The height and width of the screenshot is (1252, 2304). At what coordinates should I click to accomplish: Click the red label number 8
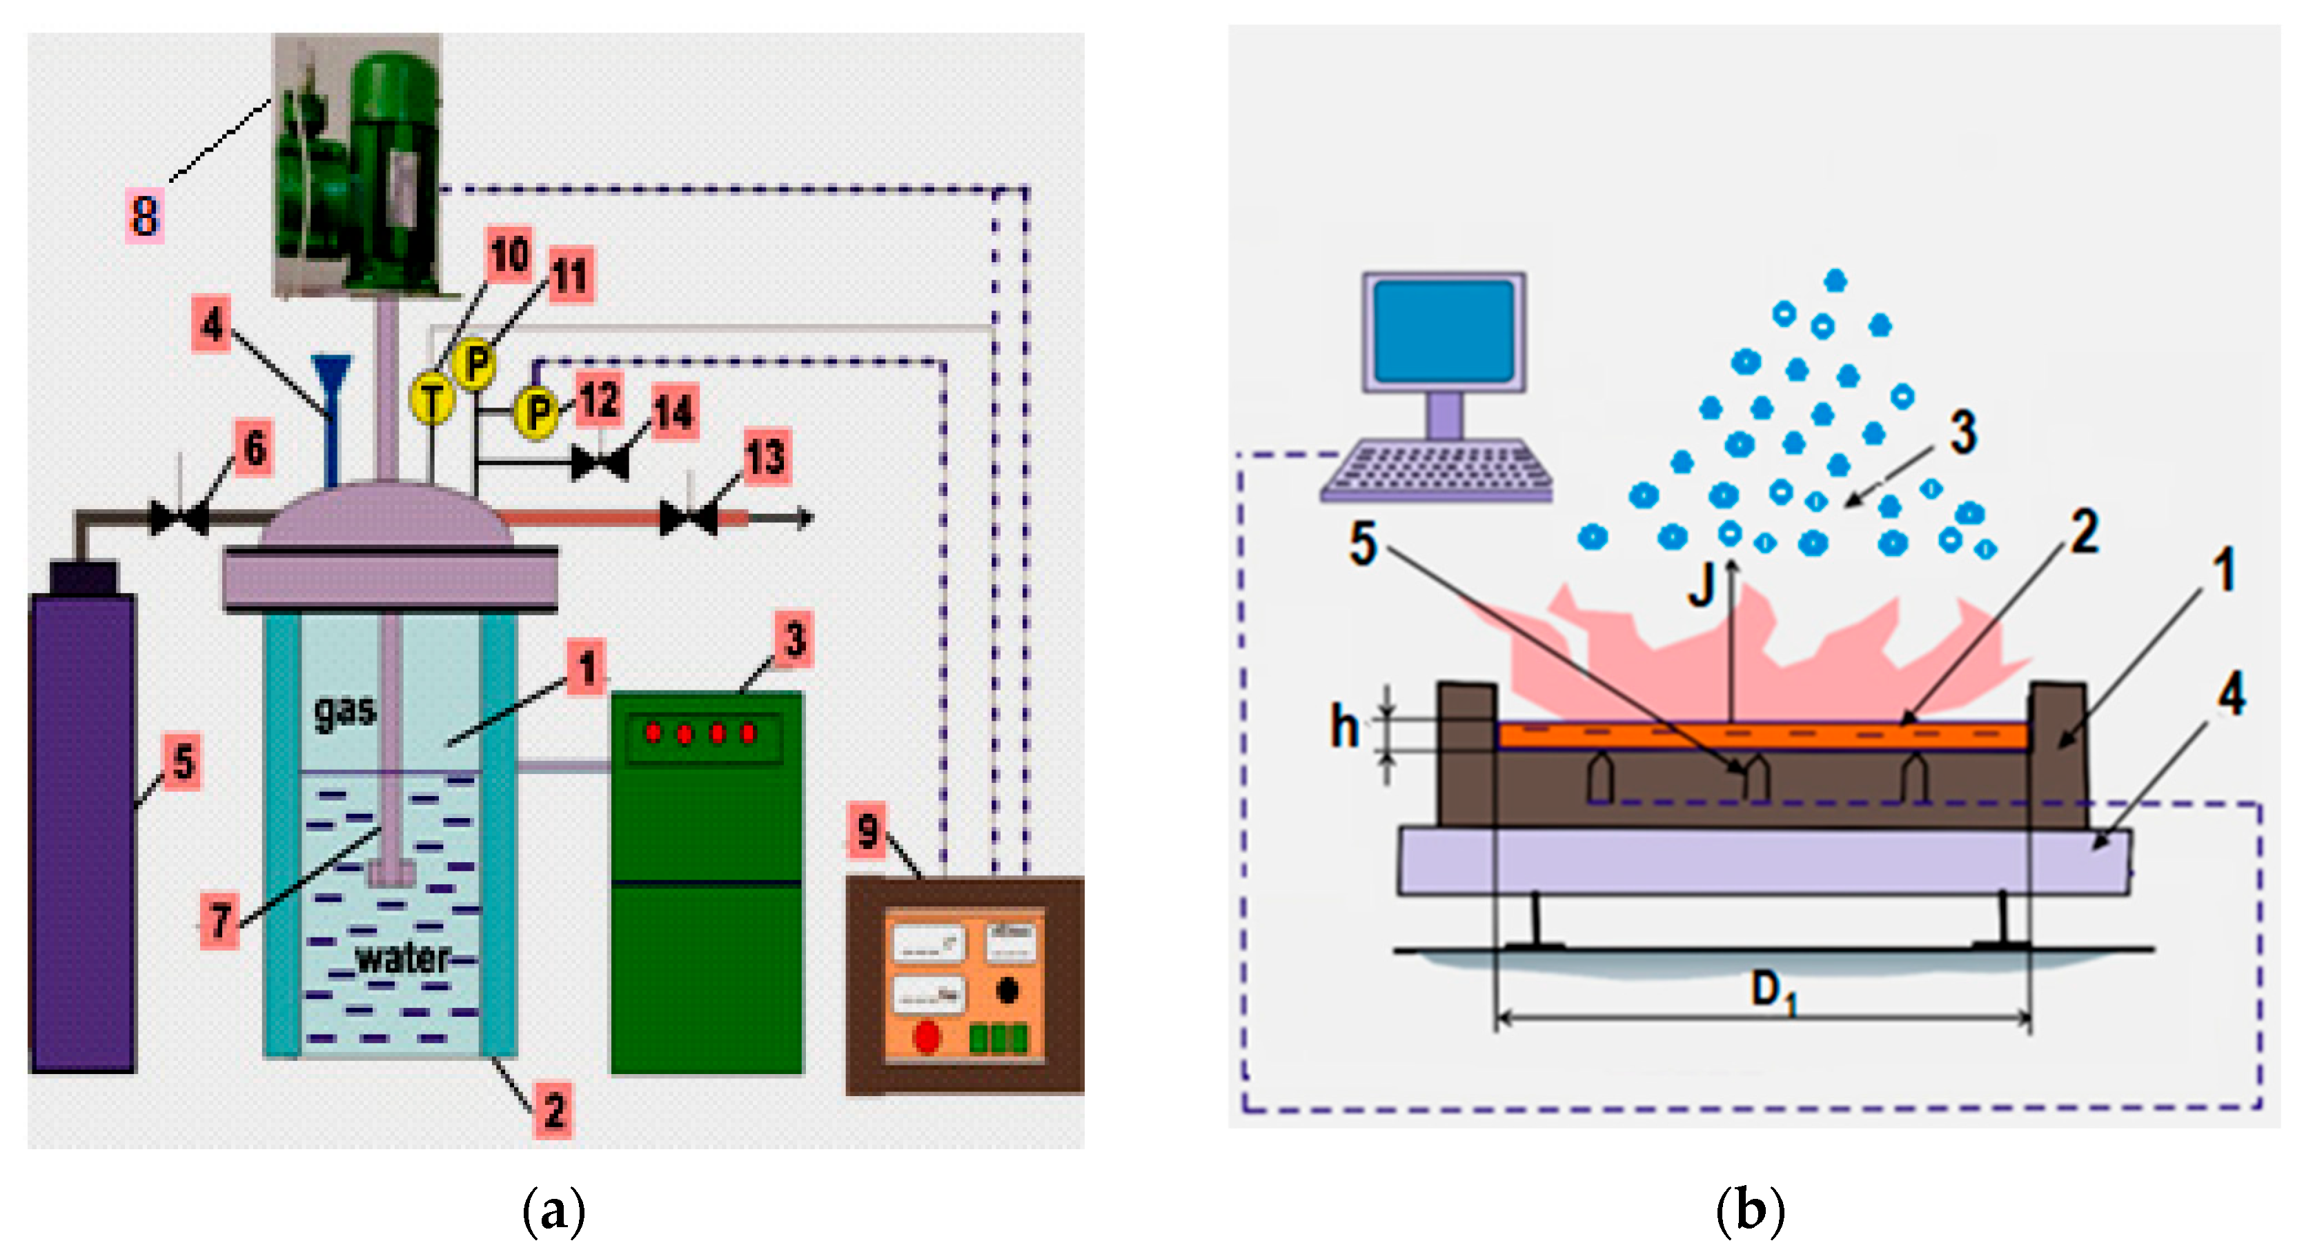point(144,215)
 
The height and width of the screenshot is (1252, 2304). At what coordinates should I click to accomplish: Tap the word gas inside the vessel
point(344,712)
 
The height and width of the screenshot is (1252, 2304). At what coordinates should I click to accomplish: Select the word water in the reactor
point(402,959)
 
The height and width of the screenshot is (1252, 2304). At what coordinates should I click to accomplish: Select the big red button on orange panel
point(927,1037)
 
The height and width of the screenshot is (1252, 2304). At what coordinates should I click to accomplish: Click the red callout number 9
point(867,830)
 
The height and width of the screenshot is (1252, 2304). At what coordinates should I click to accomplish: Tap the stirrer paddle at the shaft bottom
point(391,872)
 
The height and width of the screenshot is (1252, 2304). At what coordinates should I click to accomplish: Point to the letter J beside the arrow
point(1700,586)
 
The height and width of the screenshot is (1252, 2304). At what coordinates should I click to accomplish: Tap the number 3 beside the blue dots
point(1962,432)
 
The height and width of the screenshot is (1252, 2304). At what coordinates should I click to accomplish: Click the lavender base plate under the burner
point(1762,860)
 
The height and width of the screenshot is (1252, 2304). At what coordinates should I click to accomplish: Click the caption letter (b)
point(1749,1210)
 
